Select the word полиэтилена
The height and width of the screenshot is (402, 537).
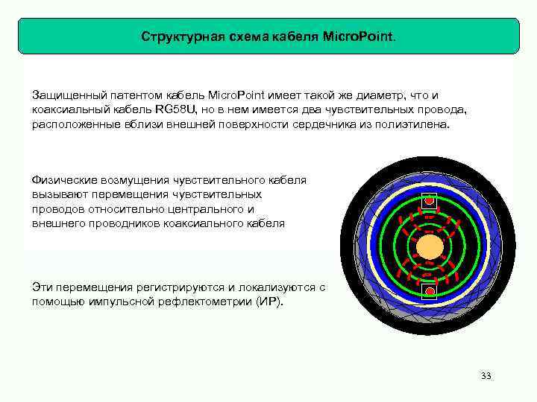point(414,125)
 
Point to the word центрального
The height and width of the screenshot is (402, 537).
point(207,209)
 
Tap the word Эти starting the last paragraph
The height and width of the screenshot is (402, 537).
point(43,287)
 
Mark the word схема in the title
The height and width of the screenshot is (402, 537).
point(242,36)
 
